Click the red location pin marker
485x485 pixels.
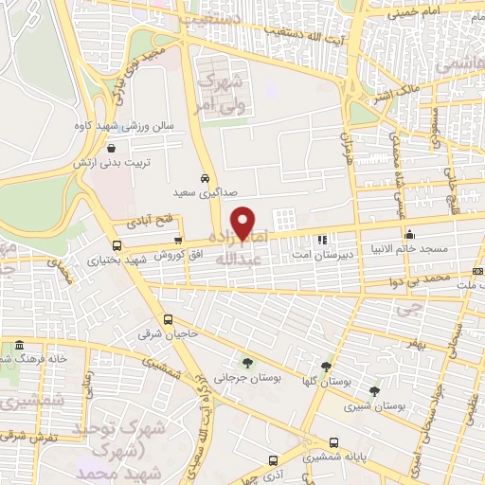[x=244, y=223]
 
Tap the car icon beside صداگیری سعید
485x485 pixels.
[x=205, y=178]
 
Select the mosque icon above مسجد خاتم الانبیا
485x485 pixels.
[x=409, y=234]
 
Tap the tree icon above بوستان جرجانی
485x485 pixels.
[x=247, y=363]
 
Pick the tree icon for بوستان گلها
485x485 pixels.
[x=326, y=367]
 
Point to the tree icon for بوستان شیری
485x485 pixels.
[x=374, y=390]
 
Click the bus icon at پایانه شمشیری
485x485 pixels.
[x=334, y=442]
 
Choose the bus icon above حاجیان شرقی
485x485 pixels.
[x=169, y=319]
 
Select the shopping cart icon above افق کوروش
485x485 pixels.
[x=178, y=241]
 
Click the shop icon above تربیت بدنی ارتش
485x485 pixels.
[x=113, y=148]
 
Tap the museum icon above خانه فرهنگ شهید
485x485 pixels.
[x=20, y=345]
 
